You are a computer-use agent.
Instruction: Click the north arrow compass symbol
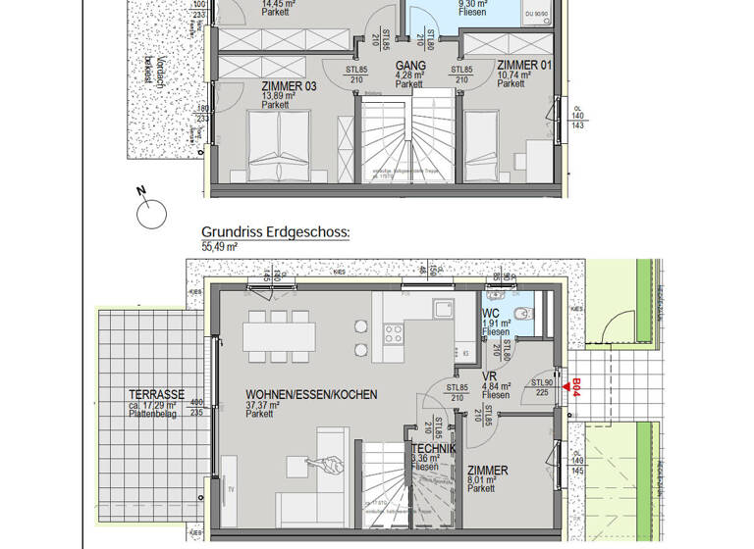point(151,211)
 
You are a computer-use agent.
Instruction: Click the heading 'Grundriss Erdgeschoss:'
point(275,232)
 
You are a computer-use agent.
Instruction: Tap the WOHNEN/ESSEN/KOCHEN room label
point(311,395)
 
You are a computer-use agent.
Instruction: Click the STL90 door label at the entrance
point(542,383)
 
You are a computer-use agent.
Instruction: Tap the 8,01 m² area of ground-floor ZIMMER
point(482,480)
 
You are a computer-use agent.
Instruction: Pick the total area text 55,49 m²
point(220,248)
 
